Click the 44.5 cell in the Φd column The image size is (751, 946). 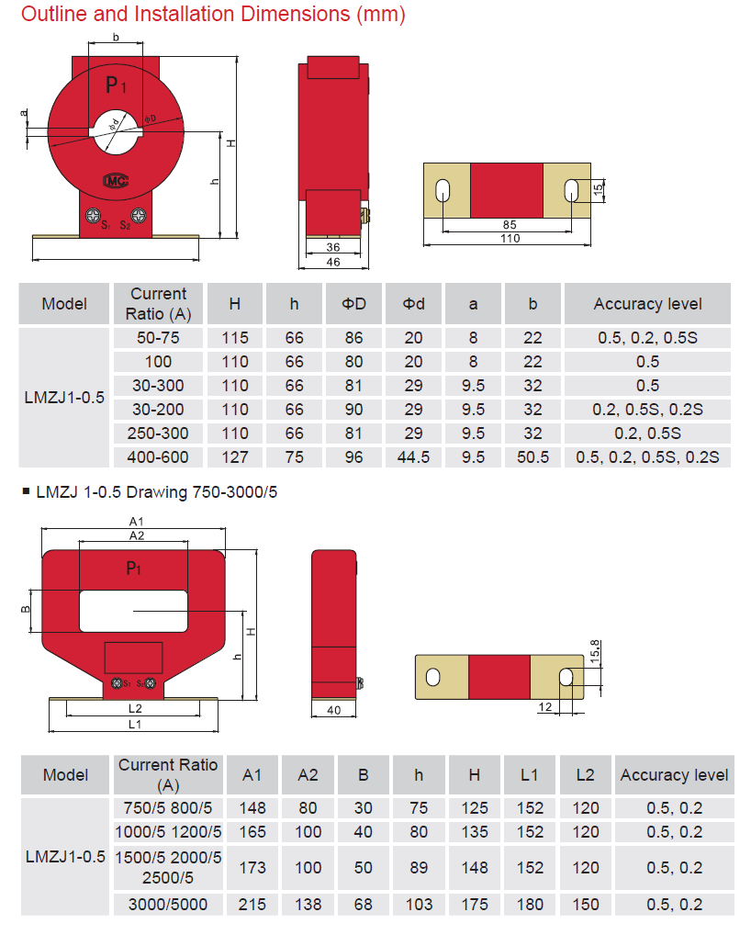pyautogui.click(x=413, y=456)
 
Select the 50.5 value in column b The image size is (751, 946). pyautogui.click(x=532, y=456)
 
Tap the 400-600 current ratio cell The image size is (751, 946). pyautogui.click(x=158, y=456)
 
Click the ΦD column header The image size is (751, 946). pyautogui.click(x=353, y=304)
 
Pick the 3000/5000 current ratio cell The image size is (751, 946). pyautogui.click(x=168, y=904)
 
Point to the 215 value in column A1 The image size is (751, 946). pyautogui.click(x=252, y=904)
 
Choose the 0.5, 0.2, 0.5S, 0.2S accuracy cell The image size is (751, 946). pyautogui.click(x=647, y=456)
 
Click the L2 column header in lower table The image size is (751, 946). pyautogui.click(x=585, y=775)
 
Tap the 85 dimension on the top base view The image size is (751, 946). pyautogui.click(x=510, y=224)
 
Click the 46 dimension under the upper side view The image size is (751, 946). pyautogui.click(x=333, y=263)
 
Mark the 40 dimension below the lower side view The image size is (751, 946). pyautogui.click(x=334, y=710)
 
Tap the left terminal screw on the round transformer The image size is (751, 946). pyautogui.click(x=93, y=217)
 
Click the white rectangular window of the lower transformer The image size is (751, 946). pyautogui.click(x=133, y=611)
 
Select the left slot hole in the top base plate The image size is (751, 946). pyautogui.click(x=443, y=191)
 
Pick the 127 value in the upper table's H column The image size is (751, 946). pyautogui.click(x=235, y=456)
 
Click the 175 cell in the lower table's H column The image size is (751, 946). pyautogui.click(x=474, y=904)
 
